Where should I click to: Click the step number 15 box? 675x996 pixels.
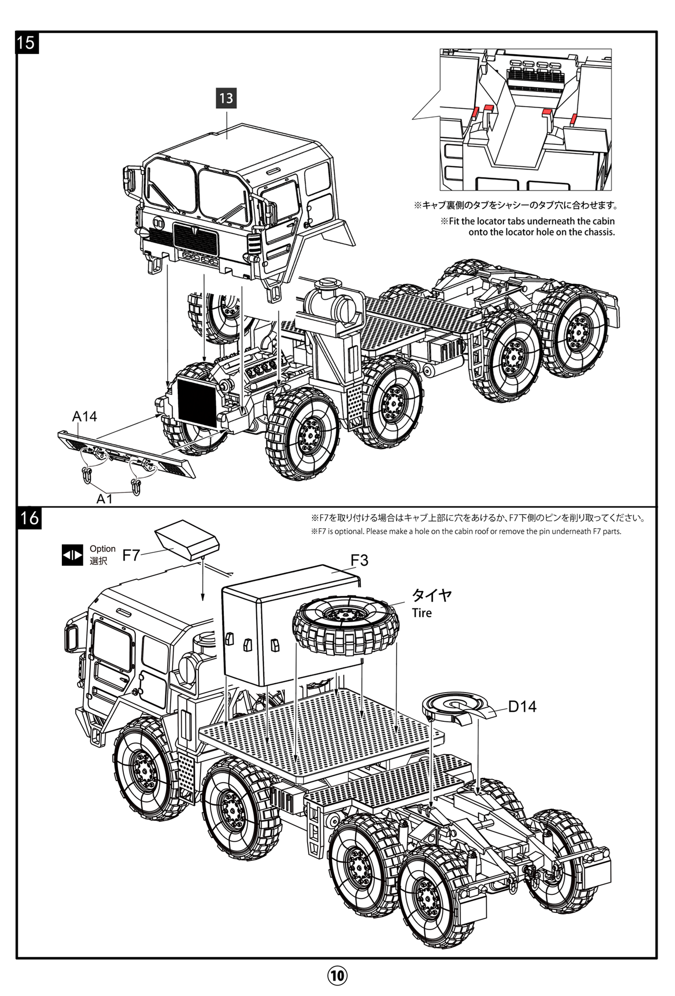(26, 42)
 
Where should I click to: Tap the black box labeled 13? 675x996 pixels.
(226, 98)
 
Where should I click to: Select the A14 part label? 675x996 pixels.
(84, 416)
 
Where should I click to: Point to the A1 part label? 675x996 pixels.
(104, 499)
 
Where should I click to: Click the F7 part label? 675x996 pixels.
(131, 555)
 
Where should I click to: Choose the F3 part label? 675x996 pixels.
(359, 560)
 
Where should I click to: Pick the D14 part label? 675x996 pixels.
(522, 706)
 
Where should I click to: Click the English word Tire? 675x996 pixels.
(422, 613)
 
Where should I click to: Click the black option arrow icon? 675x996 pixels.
(72, 555)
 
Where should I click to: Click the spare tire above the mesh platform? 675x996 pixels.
(346, 625)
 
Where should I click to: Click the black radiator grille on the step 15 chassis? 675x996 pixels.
(197, 401)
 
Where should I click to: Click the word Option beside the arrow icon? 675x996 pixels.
(103, 549)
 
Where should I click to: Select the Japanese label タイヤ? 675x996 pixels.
(431, 595)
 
